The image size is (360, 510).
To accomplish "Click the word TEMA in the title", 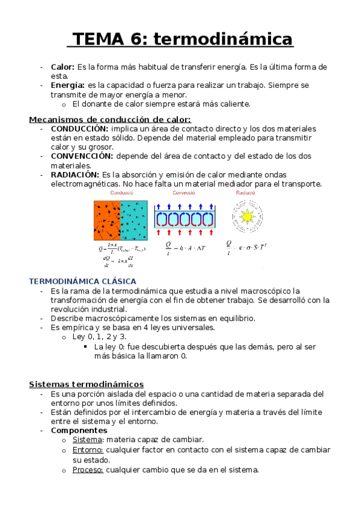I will [97, 39].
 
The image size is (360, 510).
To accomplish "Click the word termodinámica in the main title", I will [224, 39].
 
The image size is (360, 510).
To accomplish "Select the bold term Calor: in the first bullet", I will [63, 67].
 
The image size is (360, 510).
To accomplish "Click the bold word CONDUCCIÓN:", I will [80, 129].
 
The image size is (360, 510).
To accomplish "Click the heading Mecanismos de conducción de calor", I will [110, 119].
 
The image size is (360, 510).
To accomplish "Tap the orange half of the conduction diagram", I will [107, 220].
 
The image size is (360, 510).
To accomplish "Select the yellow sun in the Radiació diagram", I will [246, 215].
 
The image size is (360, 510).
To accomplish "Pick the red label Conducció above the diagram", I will [122, 193].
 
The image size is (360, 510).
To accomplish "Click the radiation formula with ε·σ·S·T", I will [246, 246].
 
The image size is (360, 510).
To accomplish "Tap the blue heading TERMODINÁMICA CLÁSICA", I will [83, 281].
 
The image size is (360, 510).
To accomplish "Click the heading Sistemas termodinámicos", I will [87, 384].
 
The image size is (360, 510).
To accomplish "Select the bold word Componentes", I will [79, 431].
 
